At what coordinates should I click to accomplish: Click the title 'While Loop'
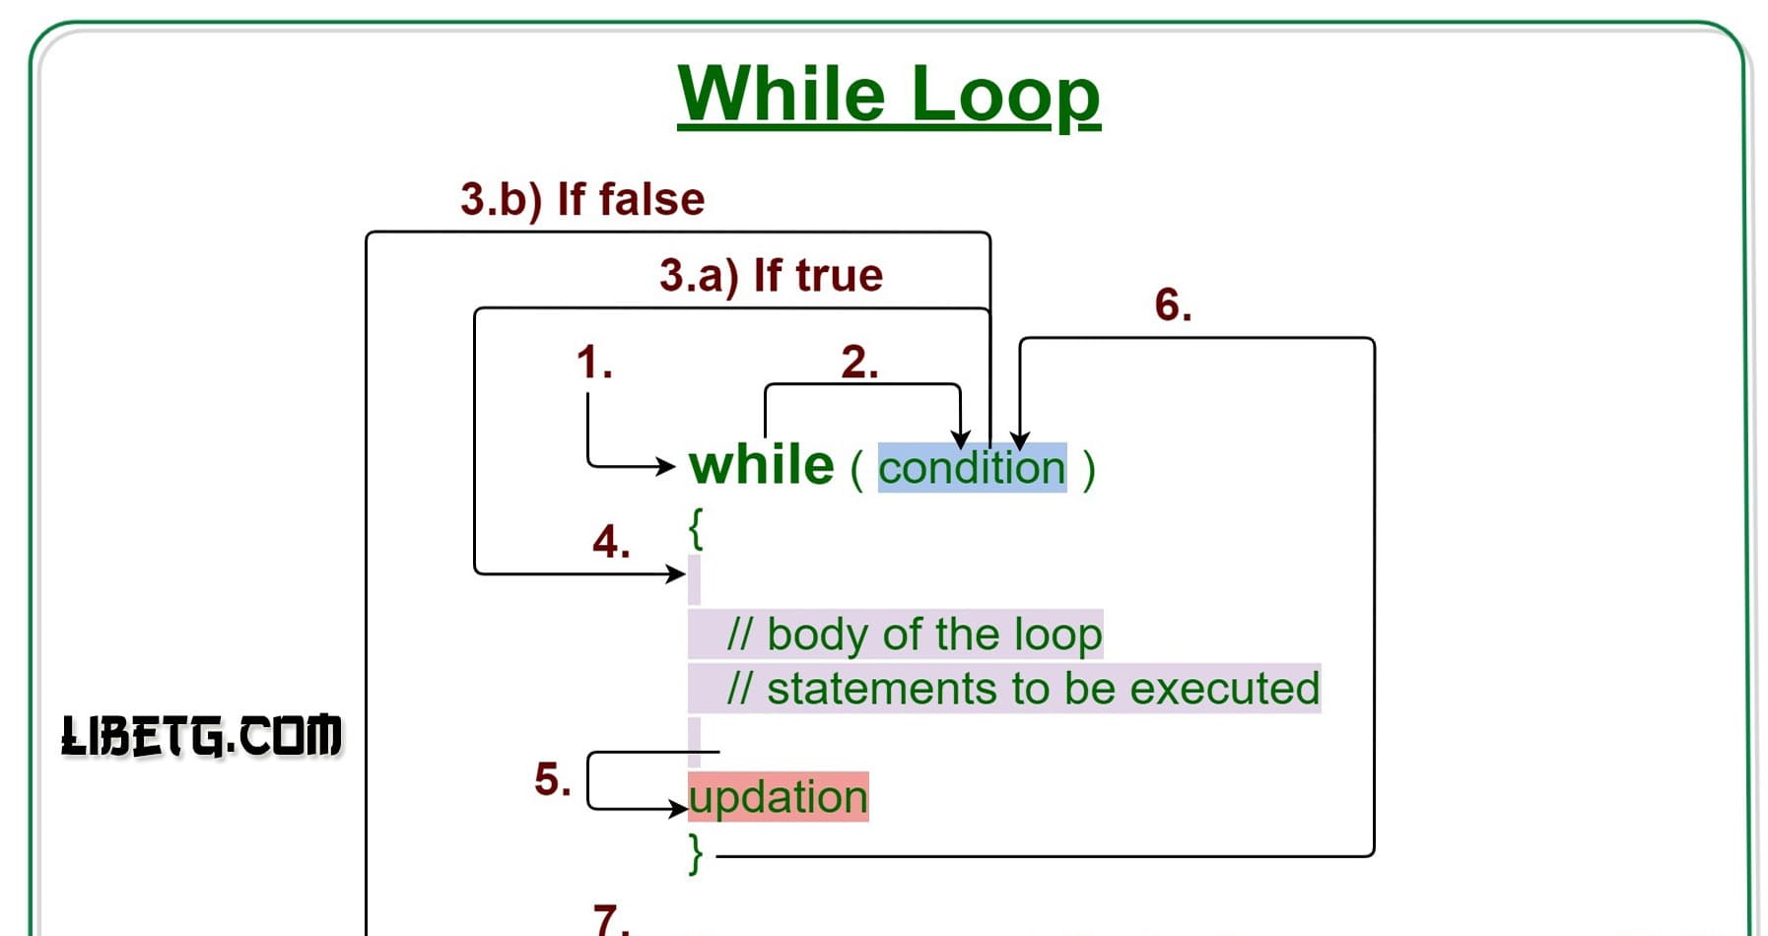coord(888,95)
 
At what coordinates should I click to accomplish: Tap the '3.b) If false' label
coord(582,199)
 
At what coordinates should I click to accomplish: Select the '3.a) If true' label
coord(771,276)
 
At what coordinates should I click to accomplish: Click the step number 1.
coord(593,363)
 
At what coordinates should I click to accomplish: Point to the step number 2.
coord(858,363)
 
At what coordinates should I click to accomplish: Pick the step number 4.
coord(611,542)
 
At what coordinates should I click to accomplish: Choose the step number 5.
coord(552,779)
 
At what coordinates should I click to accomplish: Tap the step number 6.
coord(1173,305)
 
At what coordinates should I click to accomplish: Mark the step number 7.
coord(611,919)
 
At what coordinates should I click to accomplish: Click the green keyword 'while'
coord(761,465)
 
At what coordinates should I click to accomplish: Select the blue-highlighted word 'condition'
coord(972,467)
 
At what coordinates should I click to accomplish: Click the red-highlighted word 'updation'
coord(778,797)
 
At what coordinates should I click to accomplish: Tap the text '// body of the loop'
coord(914,635)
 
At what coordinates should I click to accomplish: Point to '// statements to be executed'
coord(1022,689)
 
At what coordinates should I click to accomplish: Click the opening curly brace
coord(696,529)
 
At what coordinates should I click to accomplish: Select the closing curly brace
coord(696,853)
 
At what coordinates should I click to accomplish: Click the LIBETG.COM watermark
coord(202,736)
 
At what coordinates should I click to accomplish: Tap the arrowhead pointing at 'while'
coord(667,465)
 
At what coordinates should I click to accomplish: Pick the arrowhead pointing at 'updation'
coord(678,809)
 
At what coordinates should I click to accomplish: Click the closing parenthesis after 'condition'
coord(1088,469)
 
